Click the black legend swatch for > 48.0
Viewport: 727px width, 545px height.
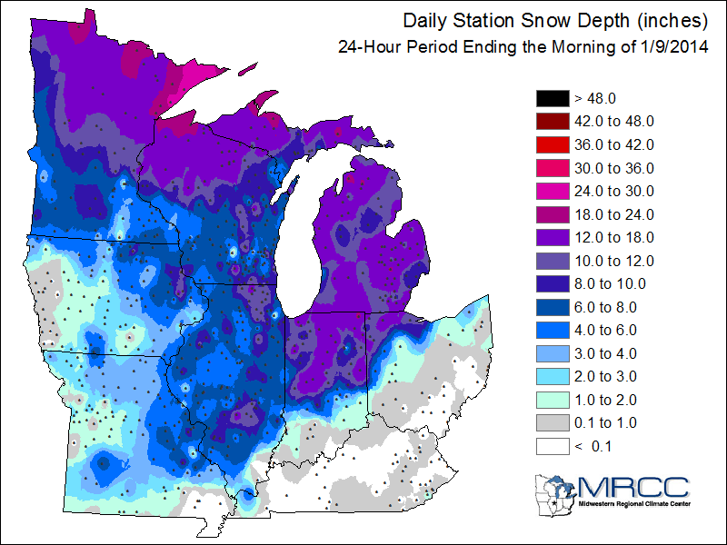click(552, 97)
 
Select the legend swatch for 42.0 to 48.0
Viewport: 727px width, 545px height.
click(552, 121)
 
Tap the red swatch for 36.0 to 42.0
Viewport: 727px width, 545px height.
click(552, 144)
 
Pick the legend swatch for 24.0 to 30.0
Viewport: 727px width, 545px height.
click(552, 191)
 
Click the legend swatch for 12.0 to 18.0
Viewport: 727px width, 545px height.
click(552, 238)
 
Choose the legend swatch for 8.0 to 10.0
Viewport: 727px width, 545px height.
click(552, 284)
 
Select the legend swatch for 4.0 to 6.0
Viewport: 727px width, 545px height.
click(552, 331)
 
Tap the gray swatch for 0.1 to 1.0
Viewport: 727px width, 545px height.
click(552, 423)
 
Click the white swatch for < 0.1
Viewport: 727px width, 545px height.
click(552, 447)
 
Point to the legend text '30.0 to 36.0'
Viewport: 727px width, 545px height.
click(614, 168)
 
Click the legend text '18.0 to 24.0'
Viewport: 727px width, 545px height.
click(614, 214)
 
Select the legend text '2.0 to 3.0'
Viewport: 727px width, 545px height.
click(607, 377)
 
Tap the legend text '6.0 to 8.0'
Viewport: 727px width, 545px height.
click(607, 307)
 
